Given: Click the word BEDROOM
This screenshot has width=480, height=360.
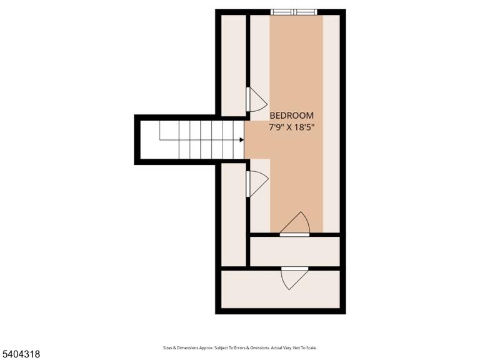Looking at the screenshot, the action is [291, 116].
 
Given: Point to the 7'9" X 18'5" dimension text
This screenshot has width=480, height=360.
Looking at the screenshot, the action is [291, 127].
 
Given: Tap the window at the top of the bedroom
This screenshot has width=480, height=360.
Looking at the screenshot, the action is [294, 12].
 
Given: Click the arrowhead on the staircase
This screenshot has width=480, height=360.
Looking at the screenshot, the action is [241, 139].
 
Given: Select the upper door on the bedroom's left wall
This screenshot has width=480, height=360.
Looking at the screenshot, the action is [256, 99].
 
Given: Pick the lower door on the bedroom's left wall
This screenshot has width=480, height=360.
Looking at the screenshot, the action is [256, 184].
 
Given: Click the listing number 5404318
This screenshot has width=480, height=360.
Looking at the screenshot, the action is [20, 354].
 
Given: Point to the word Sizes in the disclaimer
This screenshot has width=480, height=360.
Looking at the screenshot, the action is [167, 347].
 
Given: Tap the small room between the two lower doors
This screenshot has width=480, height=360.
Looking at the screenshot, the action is [295, 251].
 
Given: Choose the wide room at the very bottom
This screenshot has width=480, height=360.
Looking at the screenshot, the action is [281, 289].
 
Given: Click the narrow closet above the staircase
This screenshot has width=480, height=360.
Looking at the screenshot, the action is [233, 66].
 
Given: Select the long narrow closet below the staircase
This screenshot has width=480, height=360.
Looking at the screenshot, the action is [233, 214].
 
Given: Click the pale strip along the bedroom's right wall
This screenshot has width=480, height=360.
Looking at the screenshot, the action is [331, 124].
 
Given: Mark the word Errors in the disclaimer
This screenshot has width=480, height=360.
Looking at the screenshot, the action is [240, 347].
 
